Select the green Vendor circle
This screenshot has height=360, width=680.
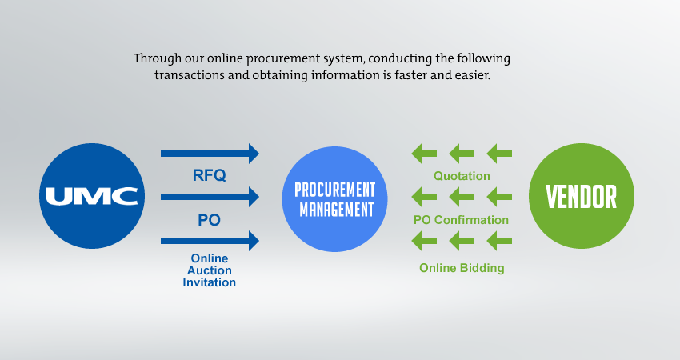coord(582,196)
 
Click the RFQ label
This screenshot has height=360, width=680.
coord(210,174)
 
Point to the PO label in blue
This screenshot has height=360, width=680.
coord(210,219)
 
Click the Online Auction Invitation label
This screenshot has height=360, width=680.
coord(210,270)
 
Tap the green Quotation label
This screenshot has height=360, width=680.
coord(462,176)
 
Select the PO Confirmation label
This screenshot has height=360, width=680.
coord(461,219)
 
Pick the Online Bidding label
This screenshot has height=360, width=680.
coord(462,268)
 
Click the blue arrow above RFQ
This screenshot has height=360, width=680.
coord(210,153)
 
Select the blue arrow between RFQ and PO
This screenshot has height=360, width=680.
coord(210,196)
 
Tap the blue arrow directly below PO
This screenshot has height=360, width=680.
coord(210,239)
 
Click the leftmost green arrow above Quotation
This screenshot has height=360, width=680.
coord(424,153)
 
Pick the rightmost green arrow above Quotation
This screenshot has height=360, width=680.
coord(499,153)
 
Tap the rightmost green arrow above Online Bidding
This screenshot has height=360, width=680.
coord(499,239)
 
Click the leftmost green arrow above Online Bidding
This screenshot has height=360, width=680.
coord(424,239)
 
